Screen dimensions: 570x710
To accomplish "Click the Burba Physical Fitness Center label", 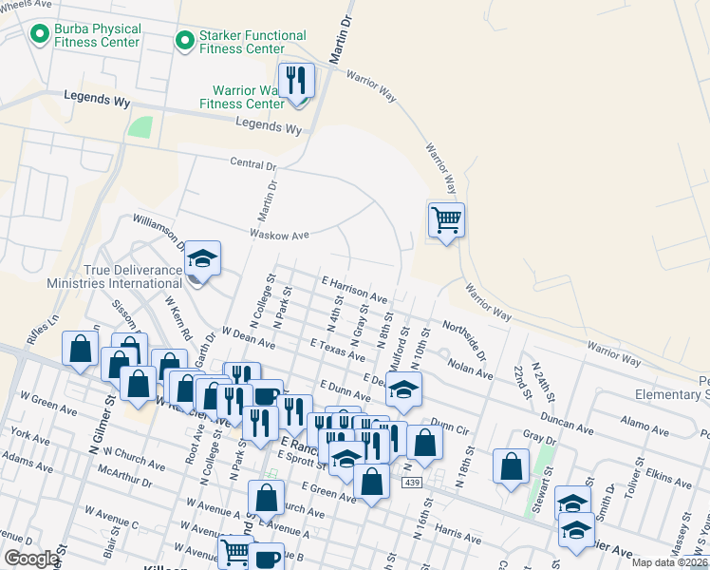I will pyautogui.click(x=97, y=36).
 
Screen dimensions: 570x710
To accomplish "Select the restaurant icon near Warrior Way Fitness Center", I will pyautogui.click(x=297, y=81).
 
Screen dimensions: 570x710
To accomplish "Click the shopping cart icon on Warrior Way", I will pyautogui.click(x=446, y=220).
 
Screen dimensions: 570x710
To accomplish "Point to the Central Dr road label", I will pyautogui.click(x=253, y=163).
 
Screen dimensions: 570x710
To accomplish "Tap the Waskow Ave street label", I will pyautogui.click(x=280, y=234).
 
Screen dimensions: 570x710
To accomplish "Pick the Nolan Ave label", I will pyautogui.click(x=470, y=369).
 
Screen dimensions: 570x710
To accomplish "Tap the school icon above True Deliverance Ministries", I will pyautogui.click(x=202, y=257).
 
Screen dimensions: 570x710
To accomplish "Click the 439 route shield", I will pyautogui.click(x=411, y=484).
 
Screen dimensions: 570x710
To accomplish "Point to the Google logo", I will pyautogui.click(x=31, y=559).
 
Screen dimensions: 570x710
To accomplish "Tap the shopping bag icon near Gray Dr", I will pyautogui.click(x=511, y=466).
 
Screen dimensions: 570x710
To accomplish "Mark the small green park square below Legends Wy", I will pyautogui.click(x=140, y=127).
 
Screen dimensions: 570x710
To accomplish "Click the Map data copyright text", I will pyautogui.click(x=670, y=562).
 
